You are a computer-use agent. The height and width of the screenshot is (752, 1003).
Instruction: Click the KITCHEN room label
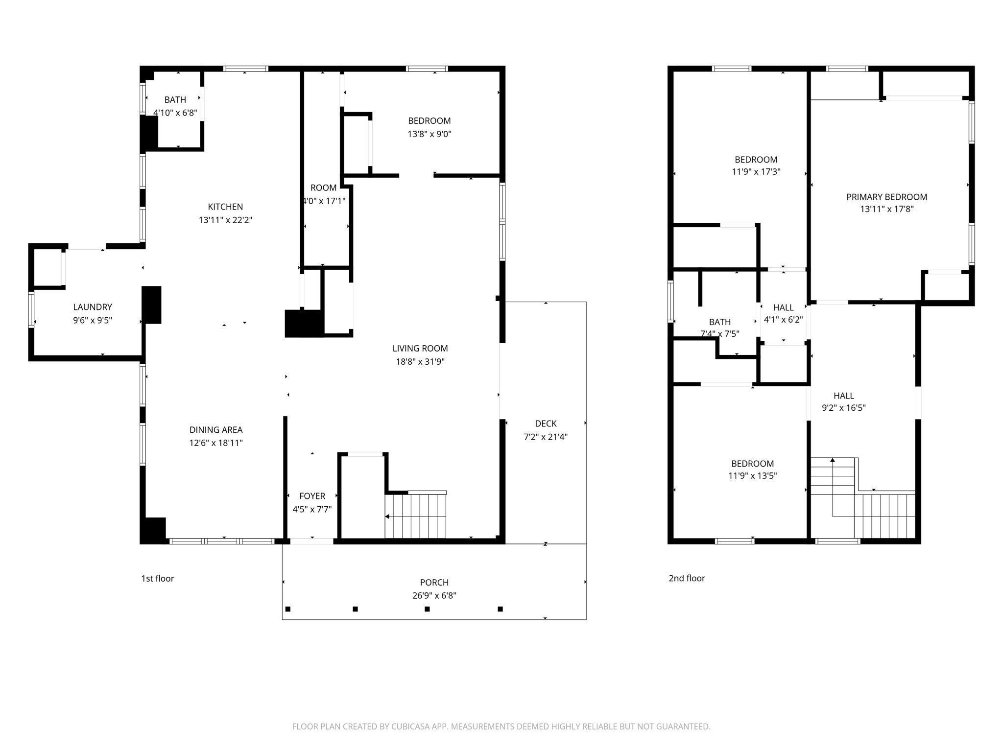tap(225, 207)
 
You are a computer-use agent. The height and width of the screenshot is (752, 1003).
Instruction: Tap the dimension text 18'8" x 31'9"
tap(420, 362)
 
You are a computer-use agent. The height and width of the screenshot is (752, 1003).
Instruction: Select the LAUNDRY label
tap(93, 307)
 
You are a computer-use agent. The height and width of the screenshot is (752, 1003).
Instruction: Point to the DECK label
tap(546, 423)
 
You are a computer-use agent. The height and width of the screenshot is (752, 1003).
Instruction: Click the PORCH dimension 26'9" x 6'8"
tap(434, 595)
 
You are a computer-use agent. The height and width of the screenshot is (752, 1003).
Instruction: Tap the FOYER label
tap(312, 496)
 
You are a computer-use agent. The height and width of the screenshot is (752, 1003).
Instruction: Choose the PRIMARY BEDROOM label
tap(886, 197)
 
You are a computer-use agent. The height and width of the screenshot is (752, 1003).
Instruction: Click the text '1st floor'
tap(158, 578)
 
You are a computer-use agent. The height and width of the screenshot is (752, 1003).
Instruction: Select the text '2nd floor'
tap(687, 578)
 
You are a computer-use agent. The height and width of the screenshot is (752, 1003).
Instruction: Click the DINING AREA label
tap(216, 430)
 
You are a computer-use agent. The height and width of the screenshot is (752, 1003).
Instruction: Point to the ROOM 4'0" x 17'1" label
tap(323, 188)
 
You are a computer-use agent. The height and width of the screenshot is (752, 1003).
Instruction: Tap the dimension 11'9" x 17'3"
tap(756, 172)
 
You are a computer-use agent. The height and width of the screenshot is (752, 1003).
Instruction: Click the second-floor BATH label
tap(719, 322)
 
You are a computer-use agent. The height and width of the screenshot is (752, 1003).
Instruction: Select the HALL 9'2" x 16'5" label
tap(843, 396)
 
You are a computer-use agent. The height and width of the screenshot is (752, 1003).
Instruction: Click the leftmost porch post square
tap(288, 609)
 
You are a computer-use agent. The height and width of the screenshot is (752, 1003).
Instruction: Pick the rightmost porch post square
tap(500, 609)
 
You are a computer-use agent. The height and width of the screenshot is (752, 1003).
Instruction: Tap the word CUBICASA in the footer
tap(410, 727)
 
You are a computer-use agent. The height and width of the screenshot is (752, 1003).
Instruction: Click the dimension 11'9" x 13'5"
tap(752, 475)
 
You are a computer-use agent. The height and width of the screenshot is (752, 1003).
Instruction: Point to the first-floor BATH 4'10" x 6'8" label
tap(175, 100)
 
